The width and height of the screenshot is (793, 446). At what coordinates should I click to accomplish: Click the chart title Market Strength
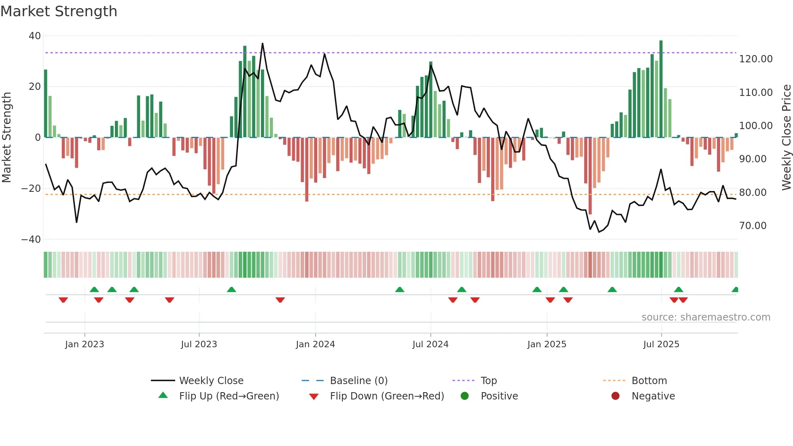click(x=59, y=11)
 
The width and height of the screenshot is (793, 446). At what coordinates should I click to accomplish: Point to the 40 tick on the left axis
click(x=35, y=36)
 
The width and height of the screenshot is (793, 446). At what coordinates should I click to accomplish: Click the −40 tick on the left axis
click(x=31, y=240)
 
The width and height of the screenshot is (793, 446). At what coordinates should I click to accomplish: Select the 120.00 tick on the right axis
click(x=755, y=59)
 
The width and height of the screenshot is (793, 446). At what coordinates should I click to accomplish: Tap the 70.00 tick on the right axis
click(x=753, y=226)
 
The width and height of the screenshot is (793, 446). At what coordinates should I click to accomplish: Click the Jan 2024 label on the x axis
click(x=315, y=344)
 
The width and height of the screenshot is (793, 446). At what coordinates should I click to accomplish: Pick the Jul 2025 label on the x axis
click(x=661, y=344)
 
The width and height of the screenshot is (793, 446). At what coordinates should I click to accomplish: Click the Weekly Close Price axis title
click(x=786, y=138)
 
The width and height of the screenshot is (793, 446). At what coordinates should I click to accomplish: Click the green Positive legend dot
click(x=464, y=396)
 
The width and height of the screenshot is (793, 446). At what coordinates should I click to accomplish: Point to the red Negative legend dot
click(x=615, y=396)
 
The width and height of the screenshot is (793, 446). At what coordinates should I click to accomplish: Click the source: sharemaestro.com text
click(x=706, y=317)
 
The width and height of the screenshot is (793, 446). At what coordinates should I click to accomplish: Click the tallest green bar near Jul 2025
click(x=661, y=89)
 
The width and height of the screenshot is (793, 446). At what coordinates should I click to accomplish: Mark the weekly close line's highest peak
click(x=262, y=44)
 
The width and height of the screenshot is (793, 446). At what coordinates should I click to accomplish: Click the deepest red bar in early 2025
click(x=590, y=176)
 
